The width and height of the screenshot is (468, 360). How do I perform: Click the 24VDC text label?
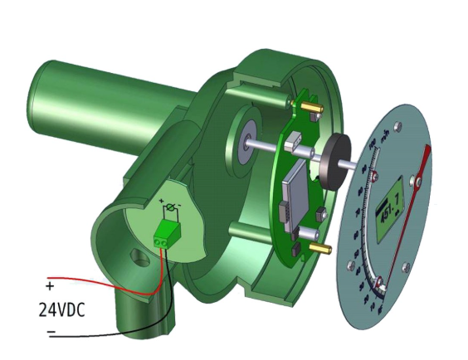(x=62, y=310)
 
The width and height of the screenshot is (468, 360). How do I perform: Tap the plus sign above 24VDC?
(x=50, y=286)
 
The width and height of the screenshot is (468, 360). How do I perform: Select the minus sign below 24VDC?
(x=51, y=333)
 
